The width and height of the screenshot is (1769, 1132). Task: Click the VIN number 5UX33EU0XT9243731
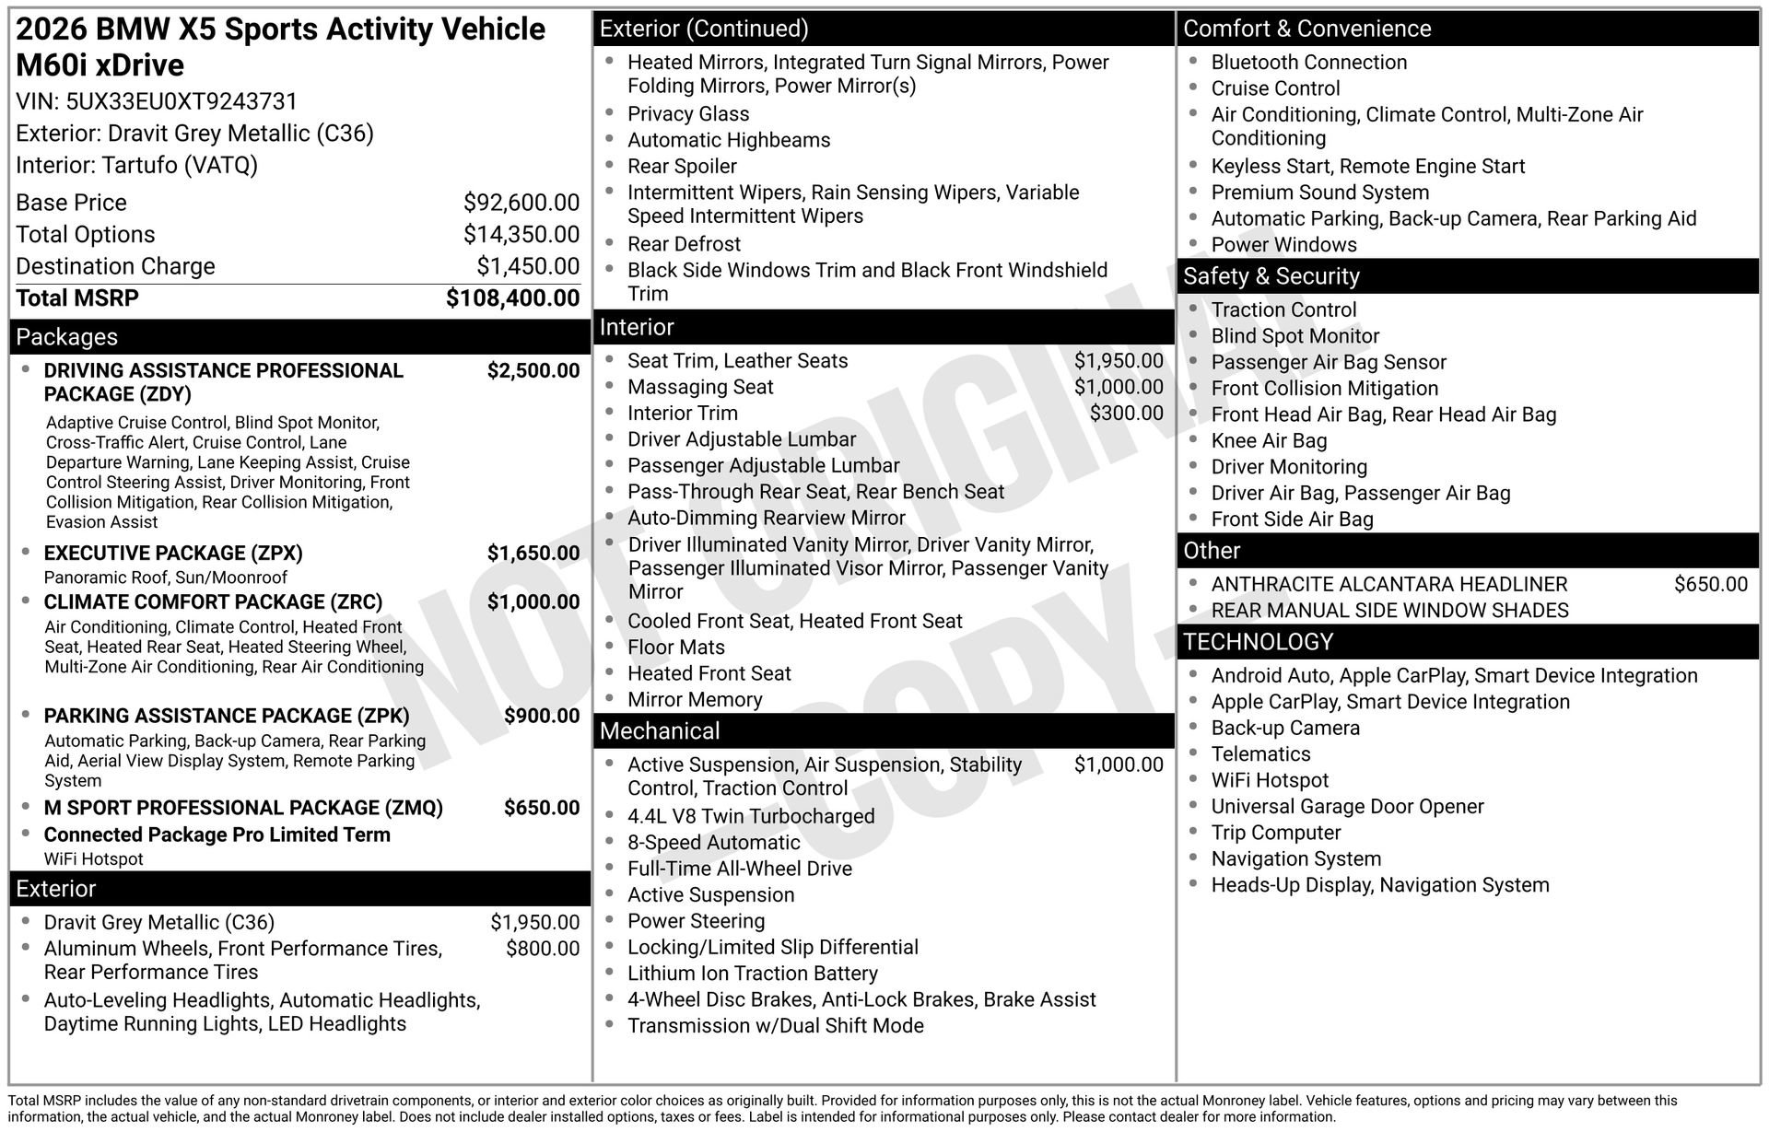click(182, 101)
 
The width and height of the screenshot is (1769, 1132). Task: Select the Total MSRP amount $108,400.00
click(512, 298)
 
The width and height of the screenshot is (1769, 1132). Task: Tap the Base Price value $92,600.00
click(521, 203)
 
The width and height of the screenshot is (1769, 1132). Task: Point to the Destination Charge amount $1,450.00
click(528, 266)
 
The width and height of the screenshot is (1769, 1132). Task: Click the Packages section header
click(66, 337)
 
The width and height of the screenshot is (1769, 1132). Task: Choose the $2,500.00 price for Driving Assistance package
click(533, 371)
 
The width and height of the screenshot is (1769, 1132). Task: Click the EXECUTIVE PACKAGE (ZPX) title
click(173, 554)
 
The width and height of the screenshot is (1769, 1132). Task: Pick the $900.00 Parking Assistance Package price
click(542, 717)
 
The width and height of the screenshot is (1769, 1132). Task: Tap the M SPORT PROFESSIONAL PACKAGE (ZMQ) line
click(243, 808)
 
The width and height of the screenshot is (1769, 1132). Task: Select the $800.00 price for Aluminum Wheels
click(543, 949)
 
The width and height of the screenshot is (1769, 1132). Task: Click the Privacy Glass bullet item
click(688, 114)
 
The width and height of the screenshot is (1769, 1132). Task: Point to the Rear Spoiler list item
click(682, 167)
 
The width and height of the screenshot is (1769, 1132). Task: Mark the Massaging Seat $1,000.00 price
click(1119, 388)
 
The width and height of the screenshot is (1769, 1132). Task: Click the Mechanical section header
click(660, 731)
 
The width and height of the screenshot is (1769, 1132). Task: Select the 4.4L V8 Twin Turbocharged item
click(751, 817)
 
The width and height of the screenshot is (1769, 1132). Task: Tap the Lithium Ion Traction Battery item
click(752, 974)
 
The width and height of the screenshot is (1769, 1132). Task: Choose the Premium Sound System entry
click(1319, 193)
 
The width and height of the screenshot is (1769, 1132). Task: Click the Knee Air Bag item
click(1269, 441)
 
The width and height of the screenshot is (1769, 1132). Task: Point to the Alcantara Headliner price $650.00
click(1710, 585)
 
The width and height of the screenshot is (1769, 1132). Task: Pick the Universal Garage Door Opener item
click(1347, 807)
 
